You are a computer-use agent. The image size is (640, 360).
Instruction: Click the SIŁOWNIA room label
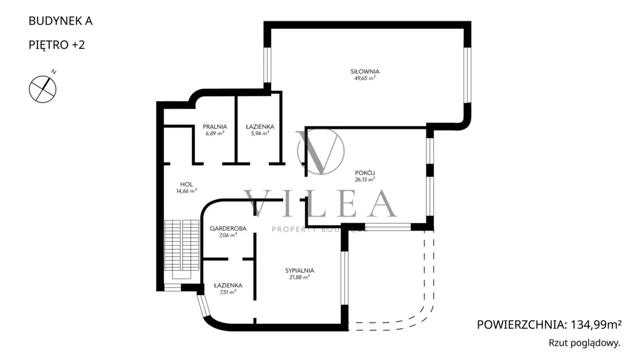coord(365,71)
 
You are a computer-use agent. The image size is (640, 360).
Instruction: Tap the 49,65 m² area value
coord(365,78)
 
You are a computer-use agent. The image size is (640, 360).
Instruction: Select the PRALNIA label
coord(215,127)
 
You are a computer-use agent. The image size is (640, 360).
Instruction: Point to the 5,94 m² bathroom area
coord(260,133)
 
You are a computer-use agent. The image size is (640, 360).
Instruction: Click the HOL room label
coord(186,184)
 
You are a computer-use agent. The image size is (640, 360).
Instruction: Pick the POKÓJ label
coord(365,172)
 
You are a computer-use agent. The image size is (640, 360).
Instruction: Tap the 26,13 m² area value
coord(365,179)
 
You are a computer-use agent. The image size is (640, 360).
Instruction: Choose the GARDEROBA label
coord(228,229)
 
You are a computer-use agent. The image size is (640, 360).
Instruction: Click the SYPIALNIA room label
coord(299,270)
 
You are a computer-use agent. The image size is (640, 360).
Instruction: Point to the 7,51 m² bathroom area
coord(228,292)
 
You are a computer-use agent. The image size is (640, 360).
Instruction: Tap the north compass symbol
coord(43,88)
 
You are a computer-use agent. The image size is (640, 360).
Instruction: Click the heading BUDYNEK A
coord(61,21)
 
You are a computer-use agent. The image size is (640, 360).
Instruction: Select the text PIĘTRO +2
coord(57,44)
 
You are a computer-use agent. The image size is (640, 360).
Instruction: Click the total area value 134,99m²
coord(596,325)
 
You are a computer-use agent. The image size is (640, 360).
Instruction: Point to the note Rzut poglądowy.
coord(584,343)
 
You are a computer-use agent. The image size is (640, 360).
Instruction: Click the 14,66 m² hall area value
coord(186,191)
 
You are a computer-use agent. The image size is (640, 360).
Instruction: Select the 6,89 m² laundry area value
coord(215,133)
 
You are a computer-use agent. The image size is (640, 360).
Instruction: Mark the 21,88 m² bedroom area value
coord(299,277)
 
